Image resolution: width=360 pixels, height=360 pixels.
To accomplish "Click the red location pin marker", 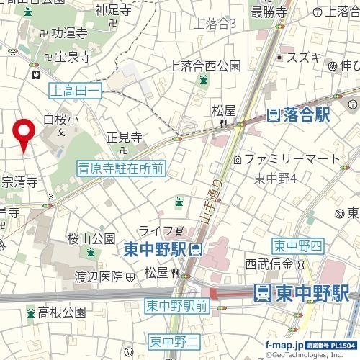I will (24, 133).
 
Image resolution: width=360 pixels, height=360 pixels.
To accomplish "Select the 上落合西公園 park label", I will (204, 66).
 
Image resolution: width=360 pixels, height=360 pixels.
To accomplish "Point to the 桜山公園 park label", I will (91, 238).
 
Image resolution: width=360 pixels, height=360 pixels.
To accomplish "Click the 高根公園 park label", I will (62, 312).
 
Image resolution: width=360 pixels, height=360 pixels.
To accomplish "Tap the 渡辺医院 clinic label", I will (100, 276).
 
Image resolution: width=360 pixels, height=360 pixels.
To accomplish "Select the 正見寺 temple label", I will (123, 137).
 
